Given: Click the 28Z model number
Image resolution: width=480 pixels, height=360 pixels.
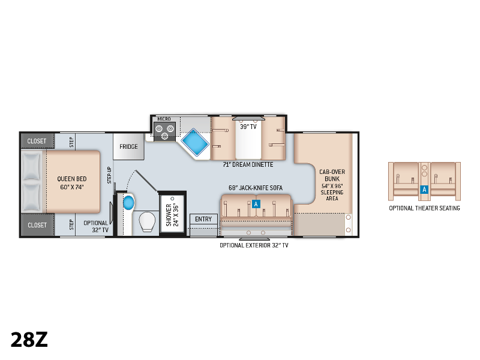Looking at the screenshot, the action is (29, 340).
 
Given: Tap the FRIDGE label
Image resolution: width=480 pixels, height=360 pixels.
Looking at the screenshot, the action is (128, 146).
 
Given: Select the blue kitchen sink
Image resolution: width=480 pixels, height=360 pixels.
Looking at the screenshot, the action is (194, 143).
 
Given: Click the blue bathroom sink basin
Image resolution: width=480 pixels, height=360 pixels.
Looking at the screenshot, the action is (128, 202).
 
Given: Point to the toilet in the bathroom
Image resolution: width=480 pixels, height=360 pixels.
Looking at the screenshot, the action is (147, 221).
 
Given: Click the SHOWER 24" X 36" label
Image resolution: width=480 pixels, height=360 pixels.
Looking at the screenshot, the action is (172, 215).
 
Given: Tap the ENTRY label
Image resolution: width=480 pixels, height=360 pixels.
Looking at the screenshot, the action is (203, 219).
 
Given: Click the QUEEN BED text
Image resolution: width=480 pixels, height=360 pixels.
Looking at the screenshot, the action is (72, 179).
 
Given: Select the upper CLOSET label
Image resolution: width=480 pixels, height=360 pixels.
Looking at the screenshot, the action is (37, 141).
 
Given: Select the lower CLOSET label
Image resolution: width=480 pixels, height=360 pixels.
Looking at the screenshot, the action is (37, 225).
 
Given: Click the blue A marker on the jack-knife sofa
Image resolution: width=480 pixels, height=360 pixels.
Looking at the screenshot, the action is (256, 204).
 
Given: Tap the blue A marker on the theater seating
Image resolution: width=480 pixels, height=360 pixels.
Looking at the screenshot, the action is (424, 190).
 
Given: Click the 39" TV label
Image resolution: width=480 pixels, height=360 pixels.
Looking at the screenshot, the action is (248, 127).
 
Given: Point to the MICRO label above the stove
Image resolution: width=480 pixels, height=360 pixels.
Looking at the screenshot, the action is (164, 119).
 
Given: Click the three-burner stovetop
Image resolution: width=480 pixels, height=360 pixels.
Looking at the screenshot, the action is (164, 131).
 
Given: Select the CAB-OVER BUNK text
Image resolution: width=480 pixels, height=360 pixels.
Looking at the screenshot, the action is (332, 175).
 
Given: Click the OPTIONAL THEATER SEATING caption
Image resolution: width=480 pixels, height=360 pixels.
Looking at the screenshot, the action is (424, 208).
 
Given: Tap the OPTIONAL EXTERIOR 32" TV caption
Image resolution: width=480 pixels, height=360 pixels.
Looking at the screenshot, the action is (254, 245).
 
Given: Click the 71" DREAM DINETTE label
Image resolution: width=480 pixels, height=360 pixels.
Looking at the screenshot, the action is (248, 164).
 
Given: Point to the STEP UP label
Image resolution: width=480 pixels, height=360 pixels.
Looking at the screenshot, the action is (109, 175).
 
